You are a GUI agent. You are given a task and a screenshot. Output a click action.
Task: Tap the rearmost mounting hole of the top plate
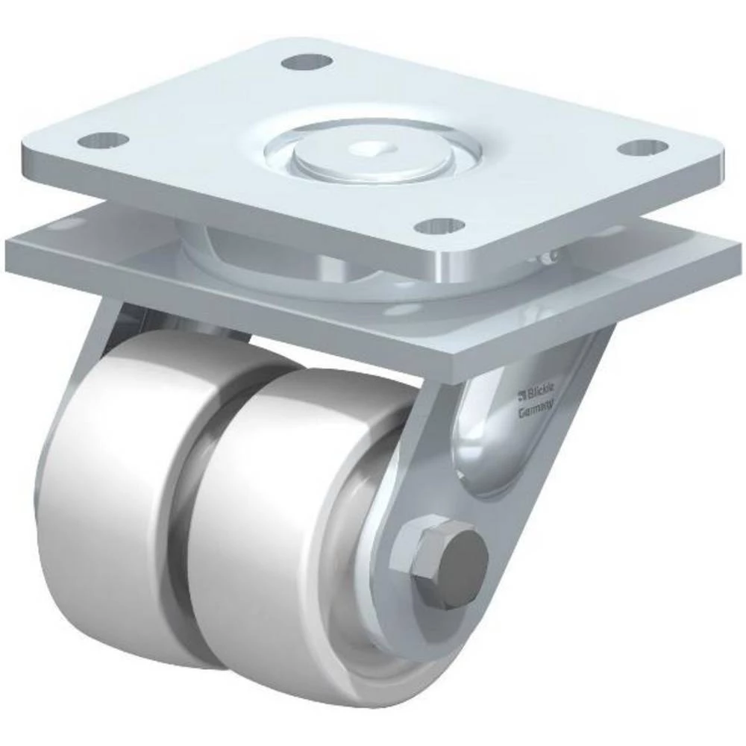pyautogui.click(x=307, y=61)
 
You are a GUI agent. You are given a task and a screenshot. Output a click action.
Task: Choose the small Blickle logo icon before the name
pyautogui.click(x=523, y=392)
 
